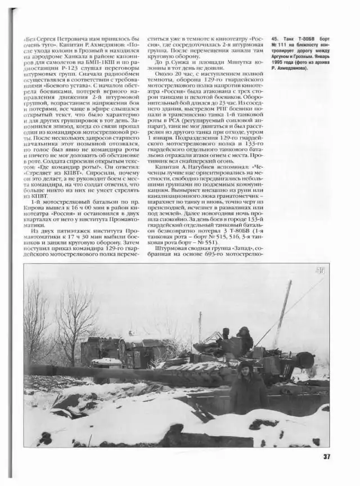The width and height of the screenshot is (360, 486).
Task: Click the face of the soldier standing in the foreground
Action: click(x=245, y=369)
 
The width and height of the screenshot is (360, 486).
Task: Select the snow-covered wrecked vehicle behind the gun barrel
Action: click(x=121, y=351)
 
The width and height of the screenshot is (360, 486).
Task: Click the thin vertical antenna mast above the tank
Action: click(x=199, y=326)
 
